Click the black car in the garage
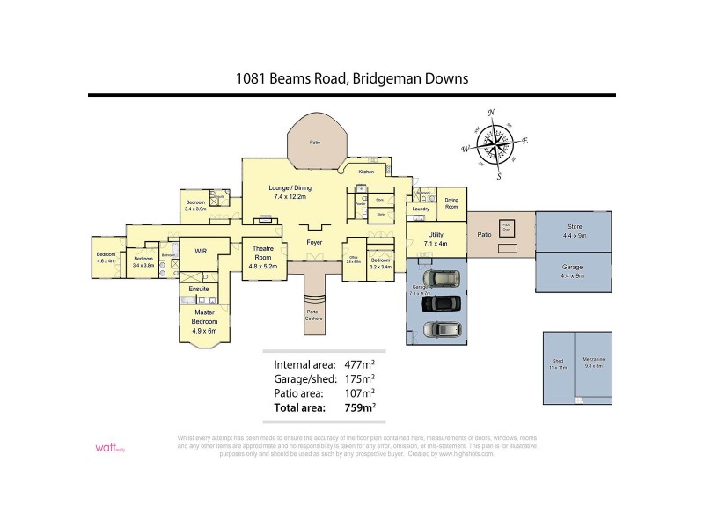point(441,304)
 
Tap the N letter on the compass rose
point(491,112)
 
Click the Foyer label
point(313,241)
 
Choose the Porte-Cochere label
point(314,315)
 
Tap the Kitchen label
point(366,172)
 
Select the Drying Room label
point(451,203)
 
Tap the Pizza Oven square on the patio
point(506,226)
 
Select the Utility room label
point(435,238)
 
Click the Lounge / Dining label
point(290,192)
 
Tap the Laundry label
point(421,209)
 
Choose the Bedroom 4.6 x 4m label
point(106,258)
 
